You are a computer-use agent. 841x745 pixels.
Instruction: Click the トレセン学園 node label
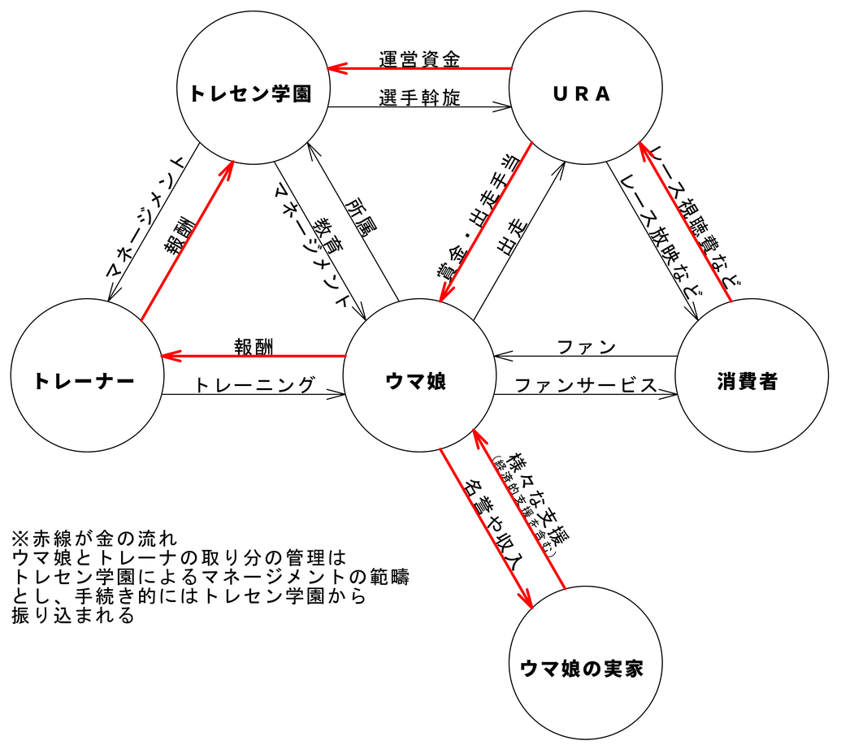coord(249,93)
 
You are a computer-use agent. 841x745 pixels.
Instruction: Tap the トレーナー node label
coord(85,380)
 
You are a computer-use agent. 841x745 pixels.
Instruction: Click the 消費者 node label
coord(748,380)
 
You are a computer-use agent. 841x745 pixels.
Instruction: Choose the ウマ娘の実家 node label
coord(581,668)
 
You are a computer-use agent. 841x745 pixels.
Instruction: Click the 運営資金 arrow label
coord(419,59)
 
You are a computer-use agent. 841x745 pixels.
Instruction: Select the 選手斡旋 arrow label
coord(419,98)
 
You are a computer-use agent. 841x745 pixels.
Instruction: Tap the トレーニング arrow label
coord(254,384)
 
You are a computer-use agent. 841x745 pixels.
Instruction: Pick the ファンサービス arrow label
coord(585,384)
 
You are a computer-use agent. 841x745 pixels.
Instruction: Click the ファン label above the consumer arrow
coord(586,348)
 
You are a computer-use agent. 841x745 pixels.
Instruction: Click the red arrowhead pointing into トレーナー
coord(167,356)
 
